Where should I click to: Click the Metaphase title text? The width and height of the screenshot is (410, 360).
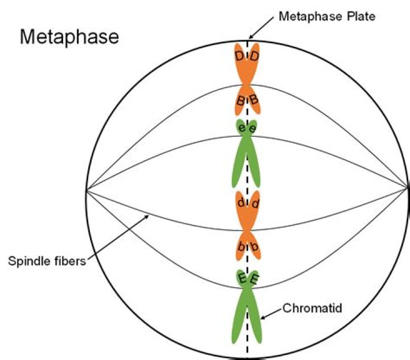69,38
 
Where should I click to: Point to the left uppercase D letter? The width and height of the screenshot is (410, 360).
240,56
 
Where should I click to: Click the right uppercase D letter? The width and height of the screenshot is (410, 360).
255,56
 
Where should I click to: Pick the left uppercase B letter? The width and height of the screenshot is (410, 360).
241,101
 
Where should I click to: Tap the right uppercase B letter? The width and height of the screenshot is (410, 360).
254,101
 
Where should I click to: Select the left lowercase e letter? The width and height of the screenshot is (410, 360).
242,129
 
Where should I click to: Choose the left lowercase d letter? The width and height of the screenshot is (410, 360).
241,203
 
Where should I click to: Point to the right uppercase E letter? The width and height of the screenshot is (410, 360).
255,279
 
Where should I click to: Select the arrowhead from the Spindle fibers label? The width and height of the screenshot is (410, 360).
150,215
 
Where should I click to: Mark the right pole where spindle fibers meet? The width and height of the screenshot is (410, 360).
408,188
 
